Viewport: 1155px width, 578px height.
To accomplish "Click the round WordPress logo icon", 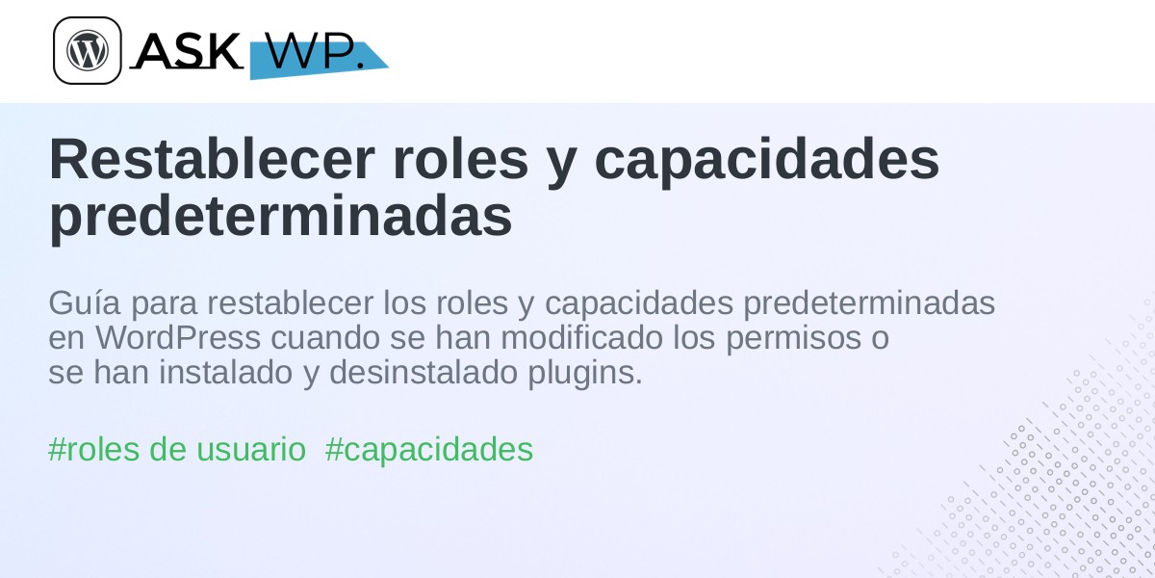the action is [x=88, y=50].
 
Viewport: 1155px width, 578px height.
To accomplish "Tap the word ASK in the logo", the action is [x=190, y=50].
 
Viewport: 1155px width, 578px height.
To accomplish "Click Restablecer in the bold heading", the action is [x=212, y=159].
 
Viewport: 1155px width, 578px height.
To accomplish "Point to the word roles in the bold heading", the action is [x=460, y=159].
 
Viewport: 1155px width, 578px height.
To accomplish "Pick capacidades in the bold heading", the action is [x=767, y=161].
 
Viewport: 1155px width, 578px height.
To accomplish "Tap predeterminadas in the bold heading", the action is [x=280, y=217].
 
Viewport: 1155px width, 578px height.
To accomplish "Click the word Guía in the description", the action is [x=85, y=302].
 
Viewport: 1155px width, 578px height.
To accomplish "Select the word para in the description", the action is [x=165, y=306].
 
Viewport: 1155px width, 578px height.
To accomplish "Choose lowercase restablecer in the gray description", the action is [x=291, y=302].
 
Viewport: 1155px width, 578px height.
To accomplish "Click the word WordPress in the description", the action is [x=178, y=338].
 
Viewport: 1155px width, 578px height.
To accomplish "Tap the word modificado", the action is [x=582, y=338].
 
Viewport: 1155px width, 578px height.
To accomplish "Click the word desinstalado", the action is [x=423, y=373].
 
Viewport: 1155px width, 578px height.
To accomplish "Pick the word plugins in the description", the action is [x=585, y=374].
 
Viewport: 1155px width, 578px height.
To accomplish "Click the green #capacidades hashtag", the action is [x=429, y=450].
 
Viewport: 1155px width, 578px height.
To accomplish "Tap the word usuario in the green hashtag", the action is [x=251, y=450].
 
